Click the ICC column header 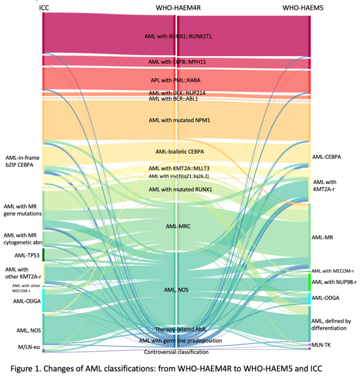coord(44,8)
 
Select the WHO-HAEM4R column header coord(178,8)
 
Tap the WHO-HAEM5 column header coord(303,8)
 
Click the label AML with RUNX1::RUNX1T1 coord(178,36)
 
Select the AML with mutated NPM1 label coord(179,120)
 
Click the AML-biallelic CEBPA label coord(180,152)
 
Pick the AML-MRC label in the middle coord(178,226)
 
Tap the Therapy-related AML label coord(181,329)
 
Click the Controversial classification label coord(176,352)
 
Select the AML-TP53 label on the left coord(27,256)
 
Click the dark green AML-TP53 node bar coord(43,255)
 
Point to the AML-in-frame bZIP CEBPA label coord(22,161)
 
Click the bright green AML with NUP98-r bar coord(309,282)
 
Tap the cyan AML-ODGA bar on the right coord(309,298)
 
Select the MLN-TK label coord(321,345)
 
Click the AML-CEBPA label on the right coord(326,157)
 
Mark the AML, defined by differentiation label coord(331,325)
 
